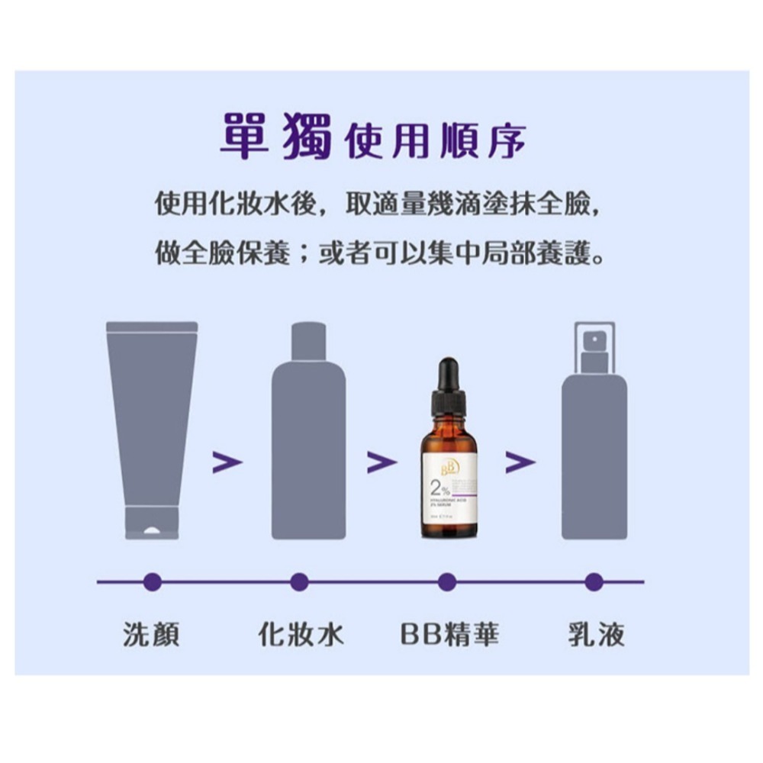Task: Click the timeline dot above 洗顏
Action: [x=153, y=582]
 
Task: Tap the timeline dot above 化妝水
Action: [x=299, y=582]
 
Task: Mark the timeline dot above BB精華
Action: [x=448, y=582]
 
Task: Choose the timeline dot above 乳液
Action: [x=594, y=582]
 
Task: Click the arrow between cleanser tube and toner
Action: [x=227, y=462]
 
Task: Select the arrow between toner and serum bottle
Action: [x=381, y=462]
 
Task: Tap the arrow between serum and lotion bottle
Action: [x=520, y=462]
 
